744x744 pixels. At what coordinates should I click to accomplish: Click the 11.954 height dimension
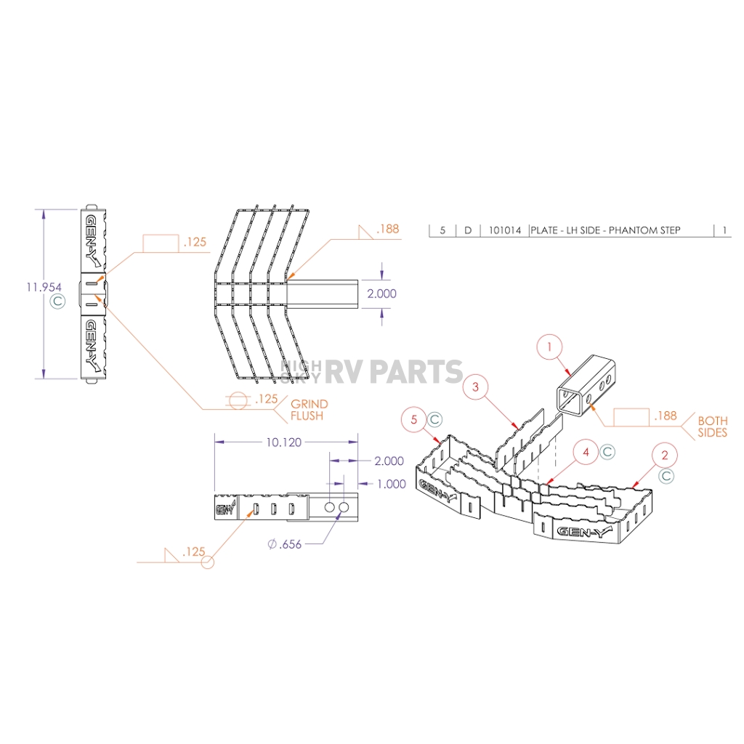(44, 288)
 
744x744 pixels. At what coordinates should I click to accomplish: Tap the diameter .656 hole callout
(284, 545)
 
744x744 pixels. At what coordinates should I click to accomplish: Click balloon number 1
(550, 347)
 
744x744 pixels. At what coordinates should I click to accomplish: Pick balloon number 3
(475, 387)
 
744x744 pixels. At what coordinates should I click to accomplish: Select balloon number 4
(585, 452)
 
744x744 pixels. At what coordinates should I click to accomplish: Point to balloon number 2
(664, 456)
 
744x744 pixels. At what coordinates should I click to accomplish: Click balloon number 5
(415, 419)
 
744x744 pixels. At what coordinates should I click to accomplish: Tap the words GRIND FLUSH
(309, 410)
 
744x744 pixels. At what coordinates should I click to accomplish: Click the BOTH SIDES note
(712, 426)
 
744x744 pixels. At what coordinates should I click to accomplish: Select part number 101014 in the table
(504, 230)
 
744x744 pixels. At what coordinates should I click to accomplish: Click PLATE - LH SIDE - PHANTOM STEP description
(605, 230)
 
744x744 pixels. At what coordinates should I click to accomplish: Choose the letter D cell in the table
(468, 230)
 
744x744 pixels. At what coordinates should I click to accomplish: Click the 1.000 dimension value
(391, 485)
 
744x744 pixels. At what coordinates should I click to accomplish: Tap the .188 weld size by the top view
(389, 230)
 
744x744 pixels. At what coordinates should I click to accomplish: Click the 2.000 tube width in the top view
(382, 294)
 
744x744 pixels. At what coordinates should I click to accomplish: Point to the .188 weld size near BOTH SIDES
(665, 416)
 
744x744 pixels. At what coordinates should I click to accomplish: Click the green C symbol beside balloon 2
(666, 476)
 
